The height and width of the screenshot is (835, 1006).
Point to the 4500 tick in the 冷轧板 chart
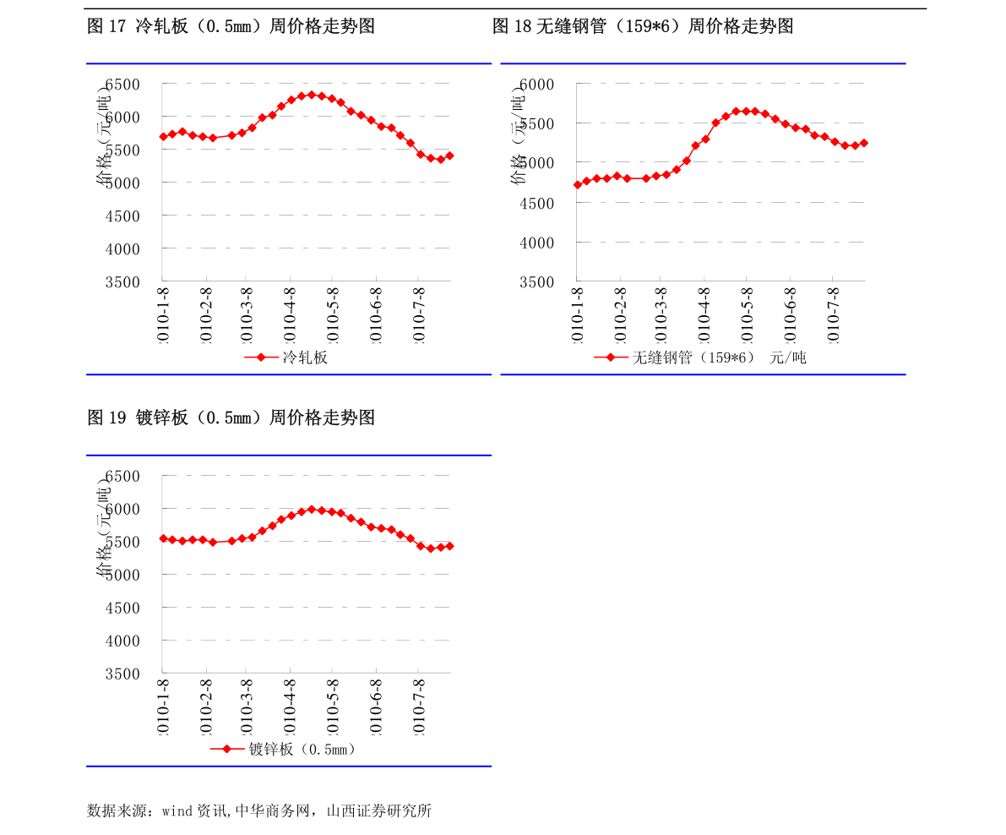point(122,216)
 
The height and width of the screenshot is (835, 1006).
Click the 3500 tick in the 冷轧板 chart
point(122,282)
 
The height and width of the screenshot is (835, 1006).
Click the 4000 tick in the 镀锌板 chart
point(122,641)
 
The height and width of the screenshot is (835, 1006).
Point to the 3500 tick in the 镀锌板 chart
point(122,674)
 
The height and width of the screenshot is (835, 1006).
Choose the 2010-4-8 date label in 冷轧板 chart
point(290,314)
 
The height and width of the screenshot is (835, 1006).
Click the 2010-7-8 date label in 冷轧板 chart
point(418,314)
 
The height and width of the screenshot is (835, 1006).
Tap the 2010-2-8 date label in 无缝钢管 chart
point(620,314)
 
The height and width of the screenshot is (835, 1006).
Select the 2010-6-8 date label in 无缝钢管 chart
point(790,314)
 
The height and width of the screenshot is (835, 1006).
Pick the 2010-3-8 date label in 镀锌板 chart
point(247,707)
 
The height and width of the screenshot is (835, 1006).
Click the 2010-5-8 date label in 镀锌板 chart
point(333,707)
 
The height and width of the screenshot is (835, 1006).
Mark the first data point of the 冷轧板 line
point(163,137)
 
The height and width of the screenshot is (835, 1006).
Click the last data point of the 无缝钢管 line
point(863,143)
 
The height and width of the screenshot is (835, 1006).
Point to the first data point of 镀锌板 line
point(163,538)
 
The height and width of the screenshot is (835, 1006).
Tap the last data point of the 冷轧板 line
point(449,156)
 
